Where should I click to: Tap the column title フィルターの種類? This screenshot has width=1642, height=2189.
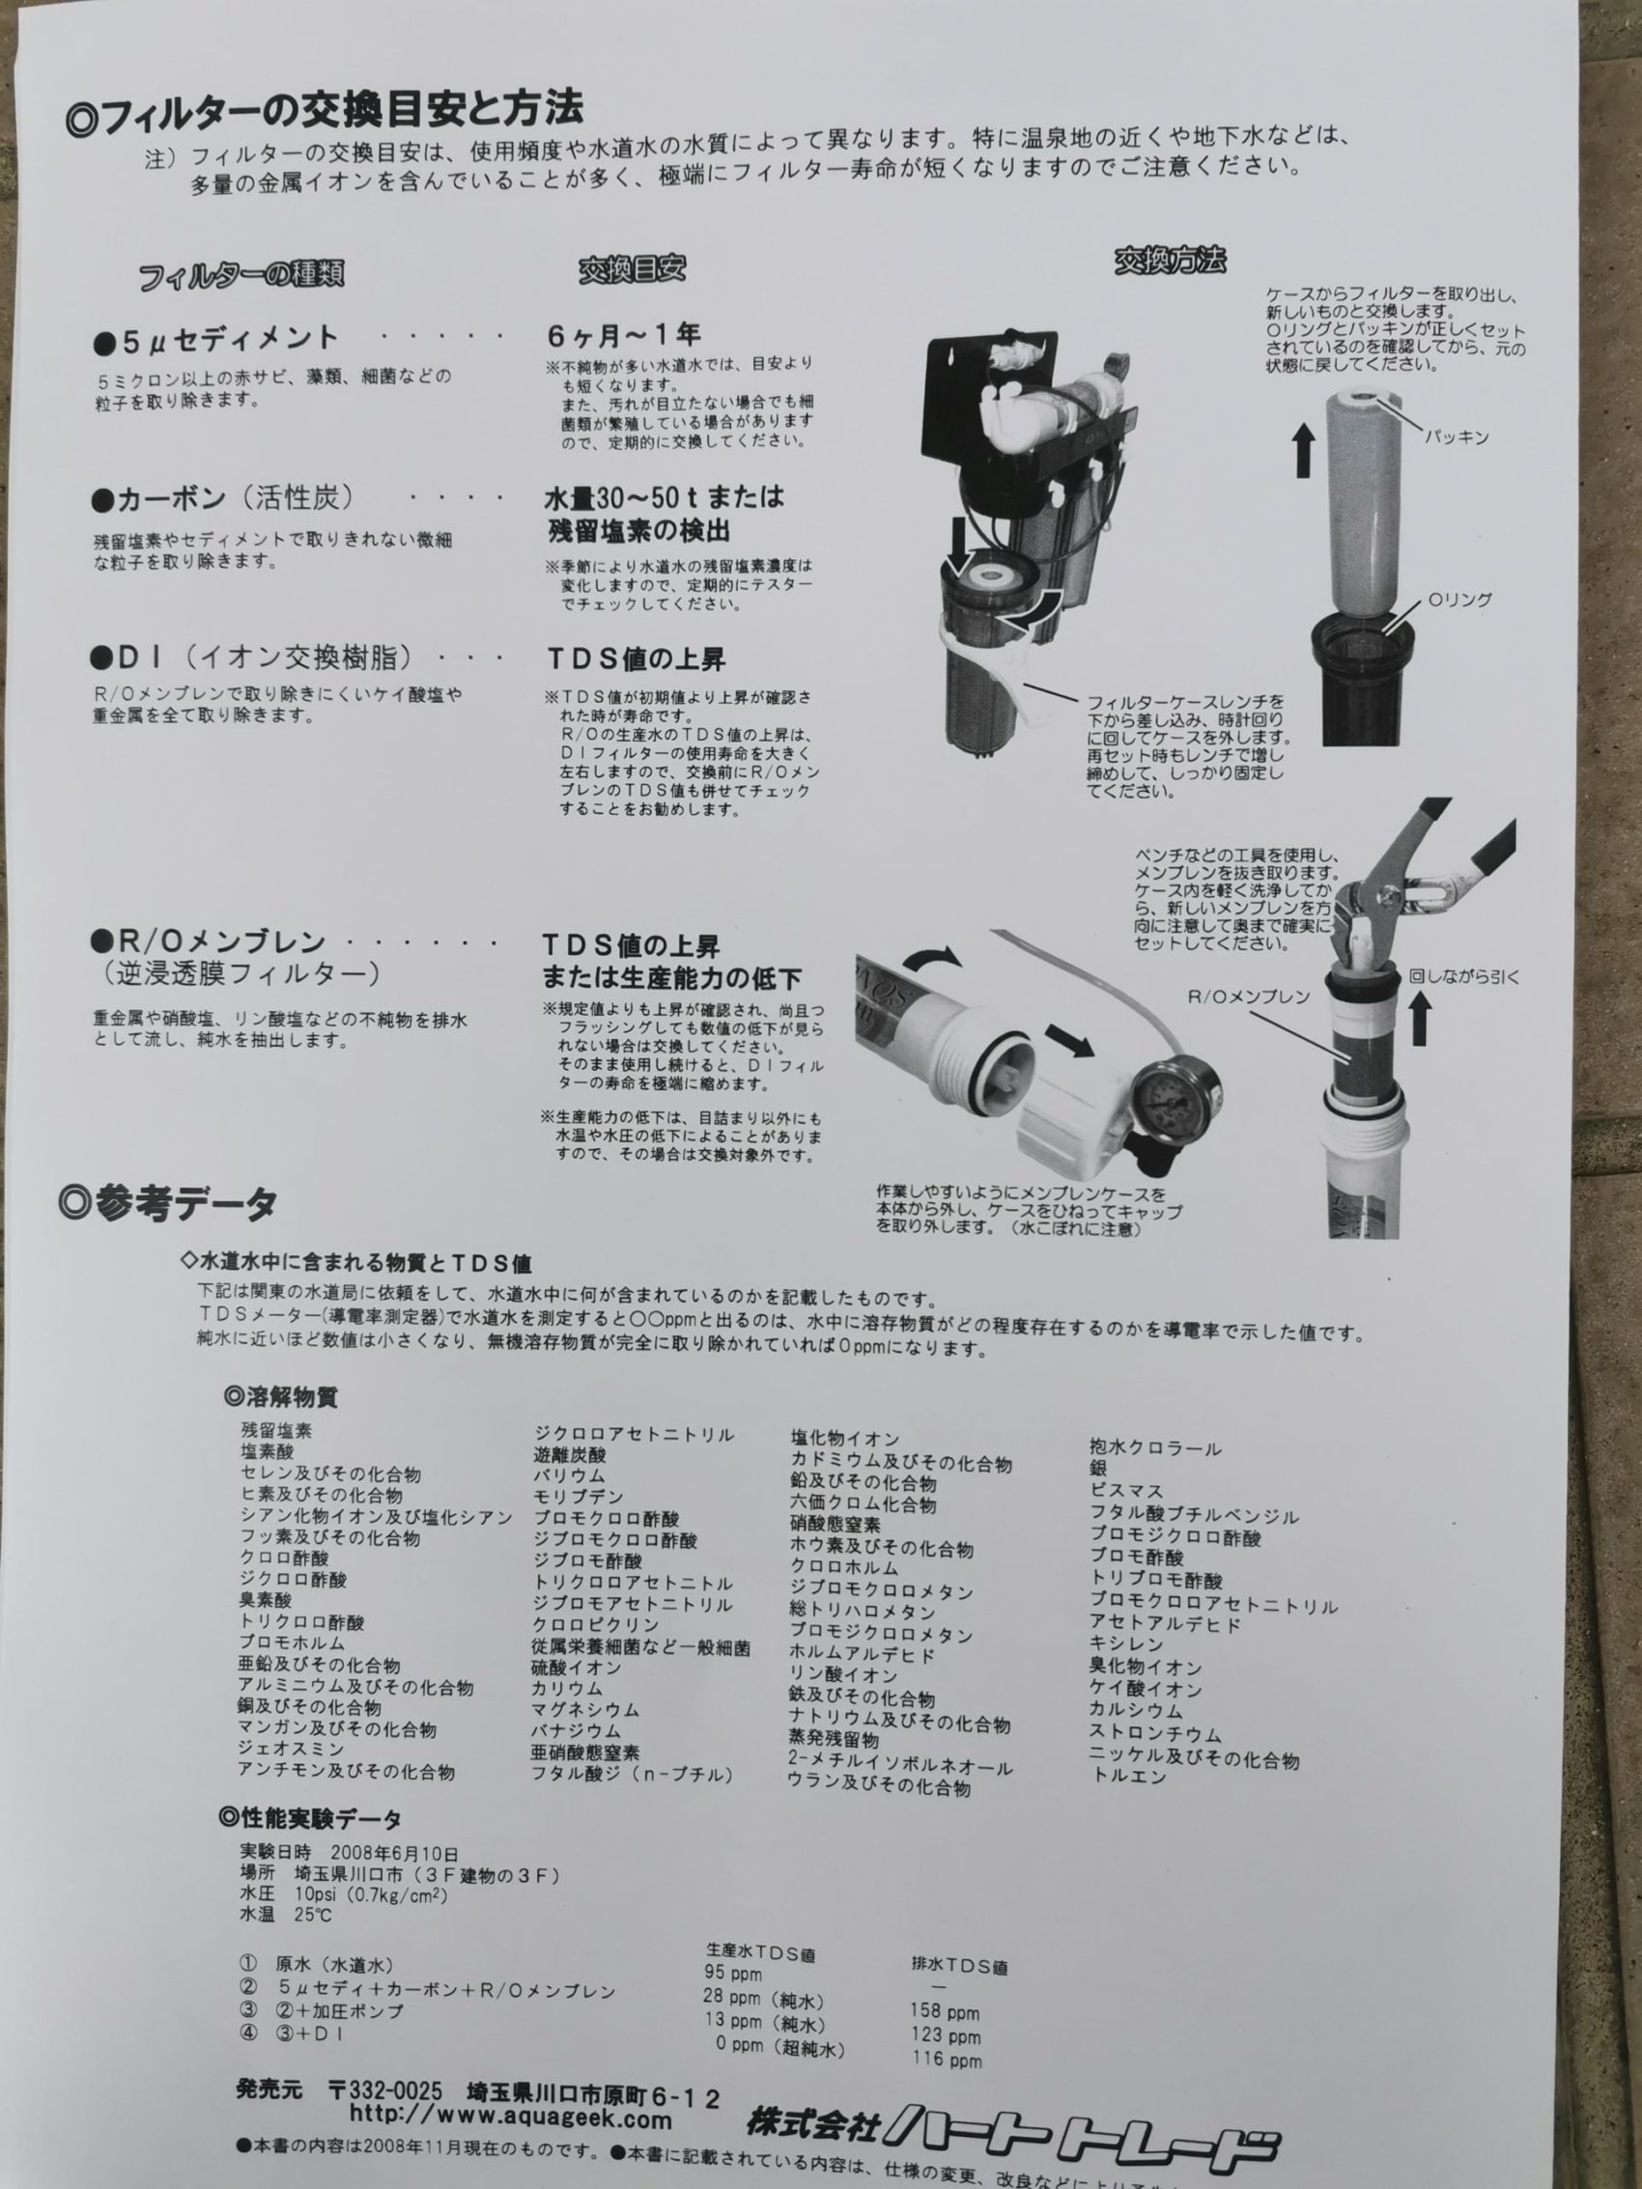(241, 275)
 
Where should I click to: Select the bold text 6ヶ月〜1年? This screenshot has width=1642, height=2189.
(624, 334)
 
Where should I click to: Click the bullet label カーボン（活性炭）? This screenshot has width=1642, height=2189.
(222, 499)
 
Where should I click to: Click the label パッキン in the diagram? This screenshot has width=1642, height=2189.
(1456, 437)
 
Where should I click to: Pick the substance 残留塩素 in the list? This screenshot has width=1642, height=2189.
(276, 1430)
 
